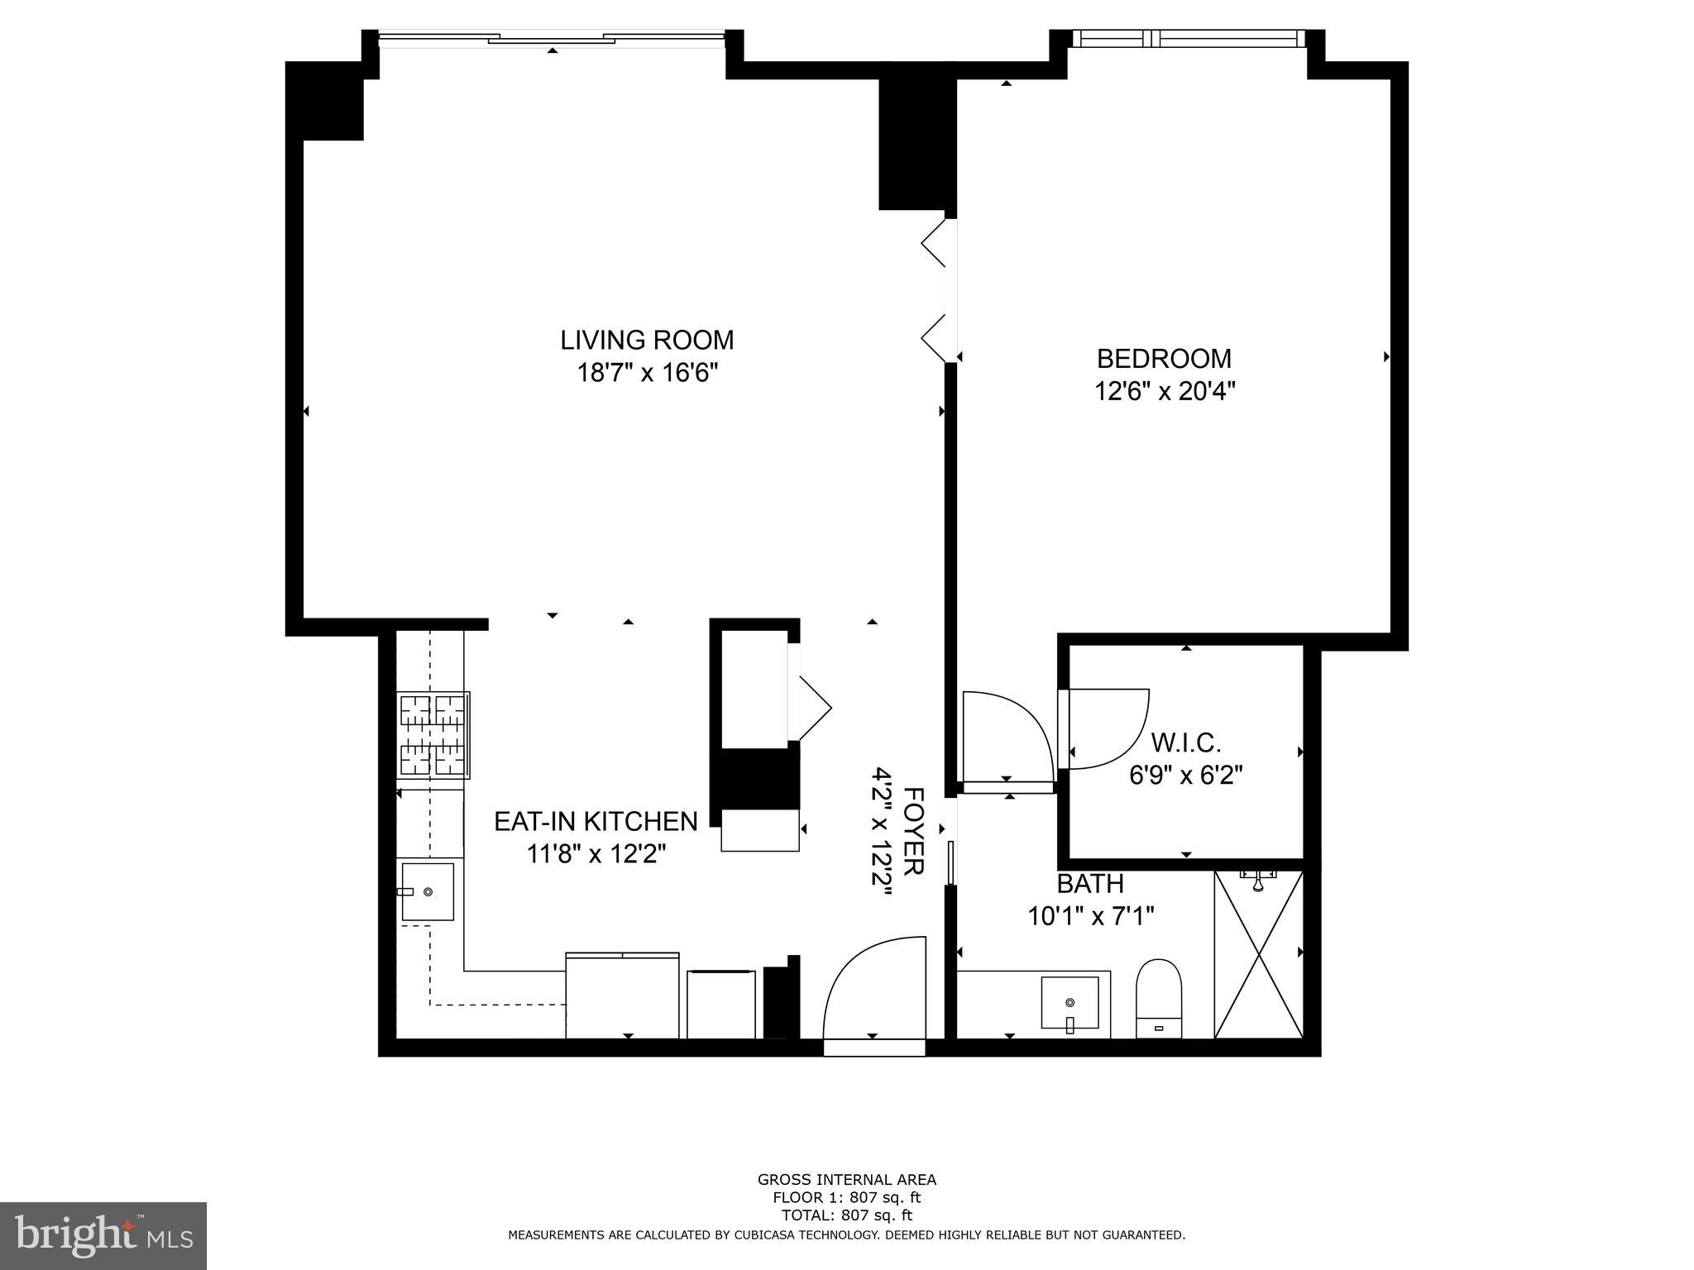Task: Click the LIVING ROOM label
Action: [647, 340]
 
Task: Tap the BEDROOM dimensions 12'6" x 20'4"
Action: [1165, 391]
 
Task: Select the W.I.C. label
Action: [1185, 743]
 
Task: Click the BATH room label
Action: [1090, 884]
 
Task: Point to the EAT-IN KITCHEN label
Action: [596, 821]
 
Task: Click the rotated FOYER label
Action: [912, 831]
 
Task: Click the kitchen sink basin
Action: [428, 891]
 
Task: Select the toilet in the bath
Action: [1159, 997]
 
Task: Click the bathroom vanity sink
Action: [1070, 1002]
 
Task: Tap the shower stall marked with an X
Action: [1258, 954]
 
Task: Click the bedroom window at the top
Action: [1188, 38]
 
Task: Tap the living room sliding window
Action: [552, 37]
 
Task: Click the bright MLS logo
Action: [103, 1235]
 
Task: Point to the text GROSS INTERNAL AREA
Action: [846, 1180]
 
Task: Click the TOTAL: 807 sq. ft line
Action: [846, 1215]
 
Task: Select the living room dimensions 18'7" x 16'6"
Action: [647, 373]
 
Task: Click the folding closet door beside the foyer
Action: [809, 709]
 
